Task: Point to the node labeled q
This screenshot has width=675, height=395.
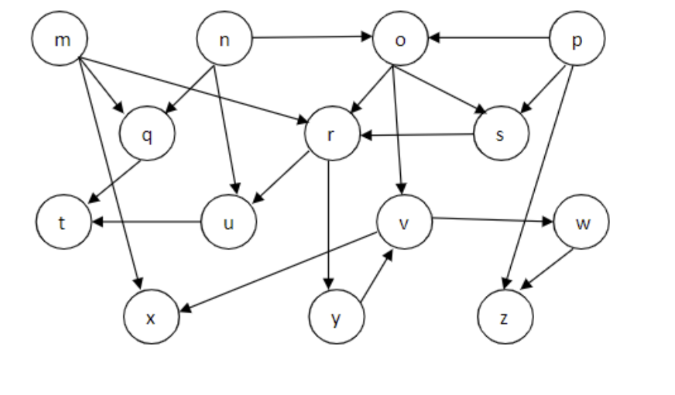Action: (147, 134)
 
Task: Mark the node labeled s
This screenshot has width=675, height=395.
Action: (502, 133)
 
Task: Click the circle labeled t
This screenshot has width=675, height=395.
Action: (63, 223)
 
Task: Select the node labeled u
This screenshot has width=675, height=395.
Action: (229, 223)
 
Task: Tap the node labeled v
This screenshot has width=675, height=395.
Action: (403, 223)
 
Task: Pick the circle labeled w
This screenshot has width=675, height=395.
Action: (581, 222)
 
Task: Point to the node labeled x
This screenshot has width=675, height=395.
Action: (152, 316)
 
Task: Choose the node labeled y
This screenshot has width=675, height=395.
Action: (336, 318)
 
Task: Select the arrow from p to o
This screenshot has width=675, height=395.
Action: (488, 36)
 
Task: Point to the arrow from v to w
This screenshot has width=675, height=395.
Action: (492, 220)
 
